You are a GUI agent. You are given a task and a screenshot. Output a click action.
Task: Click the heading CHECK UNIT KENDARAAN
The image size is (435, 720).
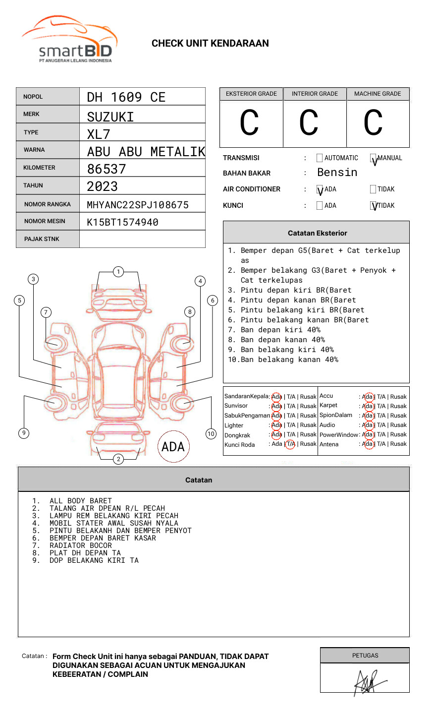click(210, 44)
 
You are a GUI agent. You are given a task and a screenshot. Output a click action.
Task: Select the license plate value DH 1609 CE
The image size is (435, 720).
click(126, 97)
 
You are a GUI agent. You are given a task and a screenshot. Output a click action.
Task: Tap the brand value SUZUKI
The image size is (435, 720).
click(110, 117)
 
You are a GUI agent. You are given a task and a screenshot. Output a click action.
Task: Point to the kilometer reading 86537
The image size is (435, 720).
click(107, 169)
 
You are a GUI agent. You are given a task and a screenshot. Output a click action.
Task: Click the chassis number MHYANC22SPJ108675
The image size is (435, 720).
click(138, 205)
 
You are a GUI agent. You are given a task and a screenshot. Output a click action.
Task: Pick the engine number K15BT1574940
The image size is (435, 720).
click(122, 222)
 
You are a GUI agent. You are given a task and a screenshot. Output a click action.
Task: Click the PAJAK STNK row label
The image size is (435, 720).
click(42, 239)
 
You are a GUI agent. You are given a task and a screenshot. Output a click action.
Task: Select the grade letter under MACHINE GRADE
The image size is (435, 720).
click(373, 123)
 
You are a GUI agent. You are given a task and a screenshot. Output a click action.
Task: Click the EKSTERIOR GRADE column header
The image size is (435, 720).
click(251, 94)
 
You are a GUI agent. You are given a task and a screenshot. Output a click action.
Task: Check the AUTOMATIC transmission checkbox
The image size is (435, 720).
click(320, 158)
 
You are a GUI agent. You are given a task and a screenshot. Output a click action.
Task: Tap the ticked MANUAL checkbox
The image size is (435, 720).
click(374, 159)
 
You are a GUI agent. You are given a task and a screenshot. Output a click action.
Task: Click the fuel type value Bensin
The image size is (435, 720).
click(337, 173)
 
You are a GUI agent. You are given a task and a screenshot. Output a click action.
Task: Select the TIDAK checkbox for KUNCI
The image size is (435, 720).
click(374, 206)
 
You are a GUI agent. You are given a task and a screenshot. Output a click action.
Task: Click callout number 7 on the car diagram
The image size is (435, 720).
click(46, 312)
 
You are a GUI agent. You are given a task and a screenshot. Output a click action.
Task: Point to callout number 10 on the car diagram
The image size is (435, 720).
click(211, 434)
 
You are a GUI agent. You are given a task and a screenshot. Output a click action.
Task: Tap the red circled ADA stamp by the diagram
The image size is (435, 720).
click(173, 447)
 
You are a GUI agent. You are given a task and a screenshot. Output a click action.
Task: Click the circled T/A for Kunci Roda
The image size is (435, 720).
click(290, 444)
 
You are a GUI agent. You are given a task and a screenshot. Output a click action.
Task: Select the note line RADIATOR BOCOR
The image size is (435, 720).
click(80, 545)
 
